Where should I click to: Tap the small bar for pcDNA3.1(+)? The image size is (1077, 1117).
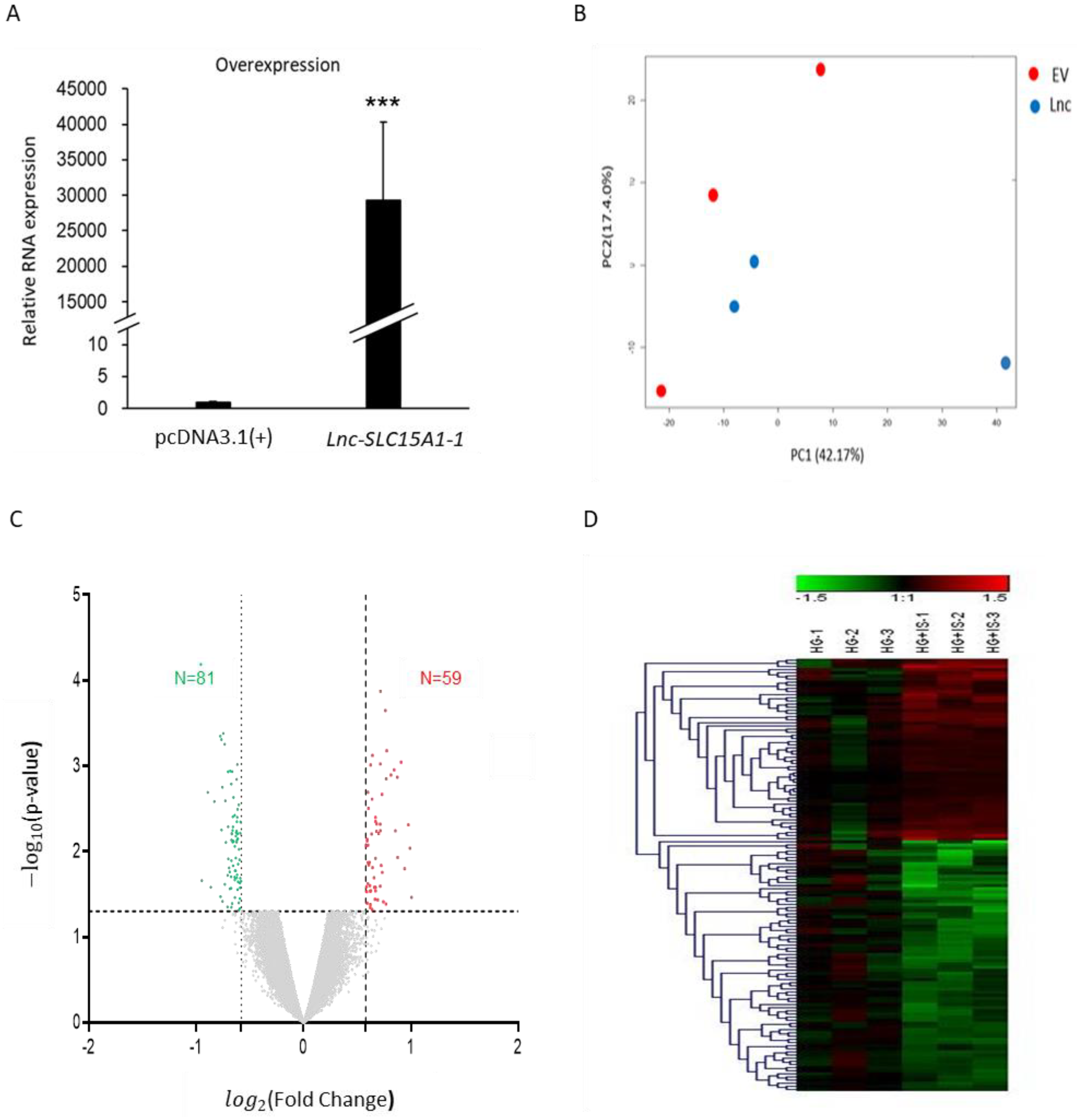[x=213, y=405]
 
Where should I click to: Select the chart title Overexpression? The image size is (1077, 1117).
[x=277, y=65]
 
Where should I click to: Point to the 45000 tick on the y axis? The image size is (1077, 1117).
[x=81, y=89]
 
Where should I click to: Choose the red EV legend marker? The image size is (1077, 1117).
[x=1033, y=74]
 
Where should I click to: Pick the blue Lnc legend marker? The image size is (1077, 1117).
[x=1035, y=106]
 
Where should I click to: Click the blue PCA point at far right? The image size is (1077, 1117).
[x=1005, y=362]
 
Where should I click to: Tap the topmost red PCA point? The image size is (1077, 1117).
[x=820, y=70]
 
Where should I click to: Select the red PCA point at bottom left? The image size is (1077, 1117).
[x=661, y=390]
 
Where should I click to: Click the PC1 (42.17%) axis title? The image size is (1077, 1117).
[x=827, y=455]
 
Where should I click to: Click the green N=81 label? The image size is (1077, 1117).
[x=194, y=678]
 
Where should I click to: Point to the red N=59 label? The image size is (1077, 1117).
[x=440, y=678]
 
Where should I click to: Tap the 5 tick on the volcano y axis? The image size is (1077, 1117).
[x=77, y=594]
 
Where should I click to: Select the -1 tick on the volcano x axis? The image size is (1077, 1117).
[x=195, y=1047]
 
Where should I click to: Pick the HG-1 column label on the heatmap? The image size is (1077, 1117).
[x=818, y=641]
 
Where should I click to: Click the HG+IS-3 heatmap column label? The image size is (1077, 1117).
[x=993, y=633]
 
